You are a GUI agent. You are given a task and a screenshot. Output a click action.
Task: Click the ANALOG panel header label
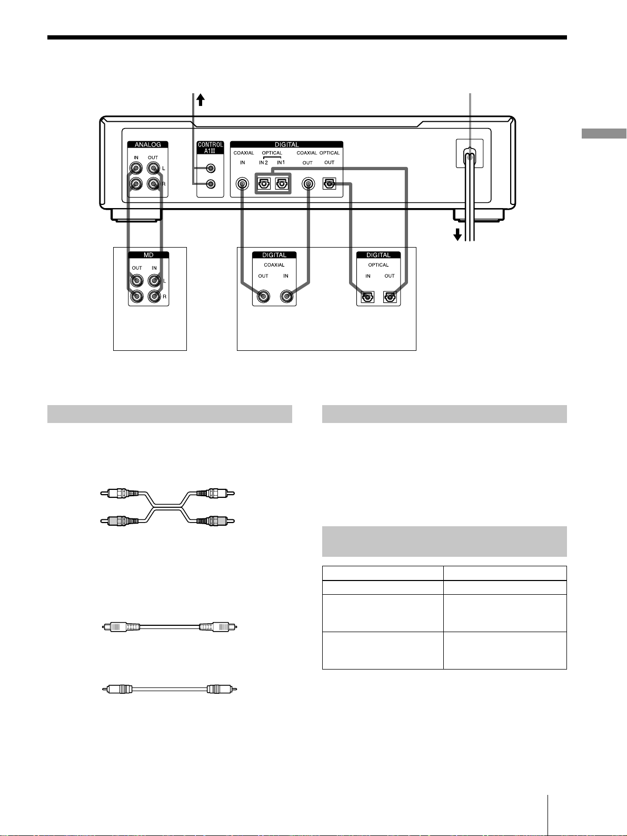[x=147, y=145]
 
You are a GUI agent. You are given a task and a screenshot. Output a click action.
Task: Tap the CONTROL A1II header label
[x=210, y=148]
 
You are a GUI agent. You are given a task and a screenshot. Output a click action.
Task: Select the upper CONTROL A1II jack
[x=210, y=169]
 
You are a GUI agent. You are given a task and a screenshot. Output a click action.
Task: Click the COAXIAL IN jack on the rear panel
[x=242, y=184]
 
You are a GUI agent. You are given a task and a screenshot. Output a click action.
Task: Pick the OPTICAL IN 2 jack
[x=264, y=184]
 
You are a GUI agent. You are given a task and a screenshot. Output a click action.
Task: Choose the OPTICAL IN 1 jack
[x=282, y=184]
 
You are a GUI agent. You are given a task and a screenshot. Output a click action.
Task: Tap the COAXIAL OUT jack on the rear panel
[x=308, y=184]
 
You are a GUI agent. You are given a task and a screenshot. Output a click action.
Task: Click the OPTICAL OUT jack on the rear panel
[x=329, y=184]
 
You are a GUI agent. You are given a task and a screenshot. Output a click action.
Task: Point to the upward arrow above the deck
[x=201, y=100]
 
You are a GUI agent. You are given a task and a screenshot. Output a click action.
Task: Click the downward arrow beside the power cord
[x=457, y=234]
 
